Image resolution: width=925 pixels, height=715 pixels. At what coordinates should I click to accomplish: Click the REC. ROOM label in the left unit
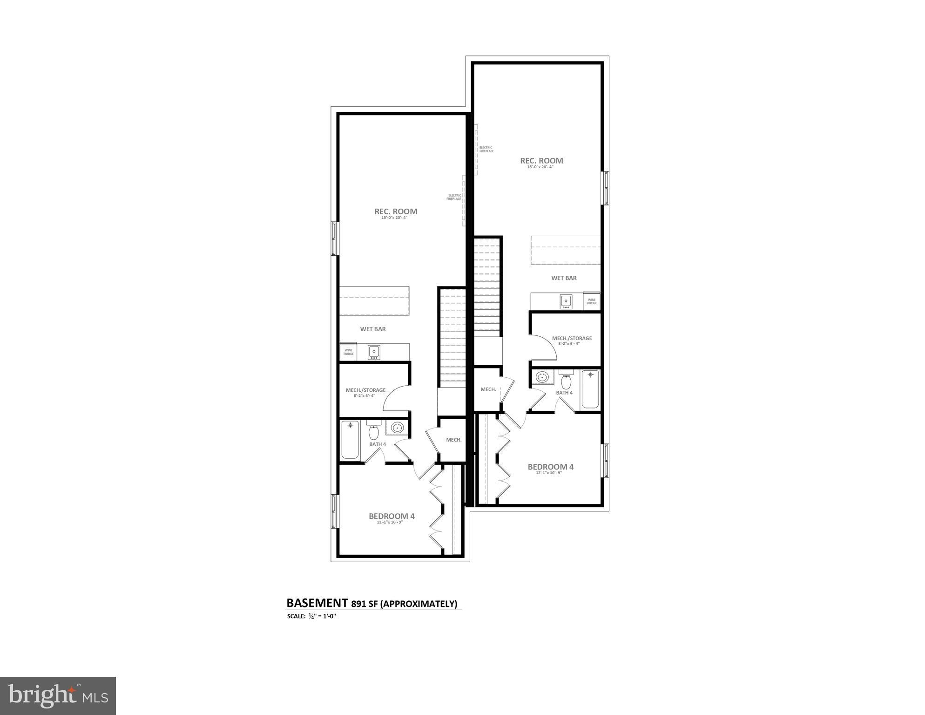coord(396,211)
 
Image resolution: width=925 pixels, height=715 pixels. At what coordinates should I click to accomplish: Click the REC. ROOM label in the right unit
coord(541,161)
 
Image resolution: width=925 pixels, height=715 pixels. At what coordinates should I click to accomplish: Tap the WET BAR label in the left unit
coord(373,329)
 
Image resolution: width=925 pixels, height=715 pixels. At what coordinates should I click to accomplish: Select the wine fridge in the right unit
coord(591,301)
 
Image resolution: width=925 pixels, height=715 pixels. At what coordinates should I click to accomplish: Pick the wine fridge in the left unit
coord(348,352)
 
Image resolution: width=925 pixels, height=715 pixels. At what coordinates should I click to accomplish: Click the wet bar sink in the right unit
coord(566,301)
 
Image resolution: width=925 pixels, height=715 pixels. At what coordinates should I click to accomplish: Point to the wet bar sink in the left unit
coord(373,352)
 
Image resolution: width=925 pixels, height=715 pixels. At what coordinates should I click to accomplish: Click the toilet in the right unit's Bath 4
coord(566,381)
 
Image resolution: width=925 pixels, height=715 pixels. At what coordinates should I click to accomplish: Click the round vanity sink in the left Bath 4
coord(397,428)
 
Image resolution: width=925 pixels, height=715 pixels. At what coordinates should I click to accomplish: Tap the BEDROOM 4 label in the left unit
coord(392,516)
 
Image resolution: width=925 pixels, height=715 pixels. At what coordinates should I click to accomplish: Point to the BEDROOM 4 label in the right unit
coord(550,467)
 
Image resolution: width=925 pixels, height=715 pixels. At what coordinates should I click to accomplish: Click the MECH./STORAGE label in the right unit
coord(572,338)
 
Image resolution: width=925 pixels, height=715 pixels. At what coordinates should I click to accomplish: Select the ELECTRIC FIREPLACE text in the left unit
coord(454,197)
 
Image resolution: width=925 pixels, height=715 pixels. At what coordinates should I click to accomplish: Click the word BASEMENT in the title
coord(314,603)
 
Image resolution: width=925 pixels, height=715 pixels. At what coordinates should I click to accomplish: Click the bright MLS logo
coord(58,695)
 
